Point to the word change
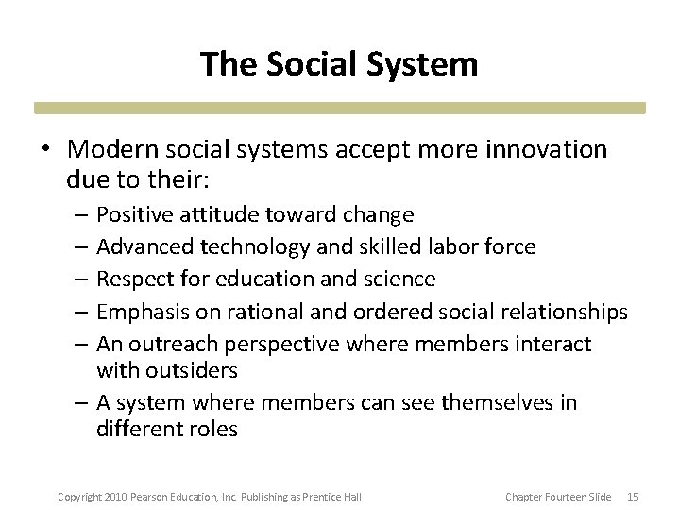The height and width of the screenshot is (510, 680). pyautogui.click(x=381, y=214)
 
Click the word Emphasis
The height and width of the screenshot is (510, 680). pyautogui.click(x=140, y=311)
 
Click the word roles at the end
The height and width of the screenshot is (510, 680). pyautogui.click(x=212, y=428)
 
